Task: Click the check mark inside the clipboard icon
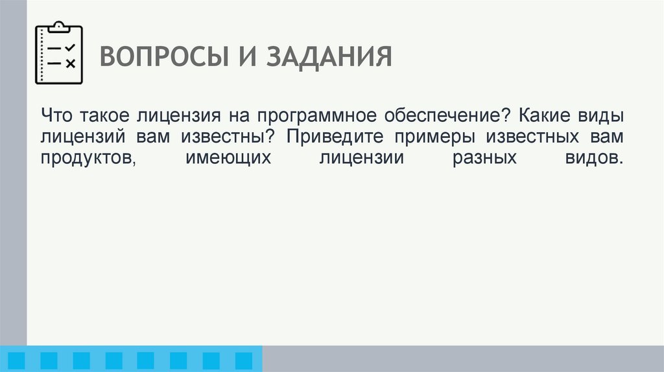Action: (x=71, y=49)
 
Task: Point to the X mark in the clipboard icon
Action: (x=71, y=63)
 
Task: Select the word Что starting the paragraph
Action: (x=57, y=116)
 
